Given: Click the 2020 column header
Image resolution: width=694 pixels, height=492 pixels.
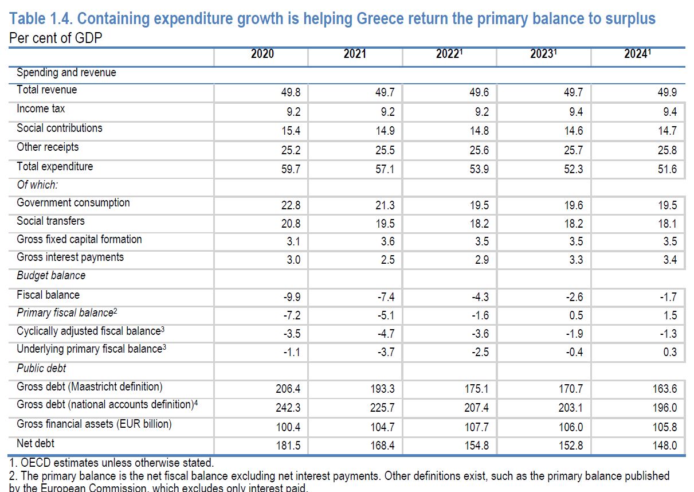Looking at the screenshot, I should pyautogui.click(x=262, y=54).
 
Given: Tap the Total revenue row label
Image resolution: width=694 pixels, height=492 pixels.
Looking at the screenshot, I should pyautogui.click(x=46, y=90).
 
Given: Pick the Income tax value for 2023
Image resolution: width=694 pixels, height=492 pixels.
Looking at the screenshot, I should pyautogui.click(x=573, y=112).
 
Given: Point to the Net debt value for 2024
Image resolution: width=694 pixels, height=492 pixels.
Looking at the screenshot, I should pyautogui.click(x=665, y=445).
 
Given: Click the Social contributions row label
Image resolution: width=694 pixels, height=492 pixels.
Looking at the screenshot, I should pyautogui.click(x=60, y=128).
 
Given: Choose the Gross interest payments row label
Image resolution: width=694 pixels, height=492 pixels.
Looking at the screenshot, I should pyautogui.click(x=70, y=257).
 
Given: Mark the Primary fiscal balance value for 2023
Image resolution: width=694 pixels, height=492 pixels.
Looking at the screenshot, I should pyautogui.click(x=575, y=315).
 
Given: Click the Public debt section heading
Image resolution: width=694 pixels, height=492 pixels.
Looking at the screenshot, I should pyautogui.click(x=41, y=368).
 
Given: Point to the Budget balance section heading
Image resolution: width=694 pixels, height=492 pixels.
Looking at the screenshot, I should pyautogui.click(x=51, y=276).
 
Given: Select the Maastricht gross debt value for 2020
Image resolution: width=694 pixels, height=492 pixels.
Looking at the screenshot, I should pyautogui.click(x=288, y=389).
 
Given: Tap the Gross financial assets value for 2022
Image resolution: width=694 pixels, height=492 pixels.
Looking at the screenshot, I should pyautogui.click(x=476, y=427).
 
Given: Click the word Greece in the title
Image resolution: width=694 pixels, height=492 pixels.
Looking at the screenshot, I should pyautogui.click(x=378, y=19).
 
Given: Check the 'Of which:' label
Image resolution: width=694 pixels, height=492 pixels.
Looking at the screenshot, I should pyautogui.click(x=37, y=185).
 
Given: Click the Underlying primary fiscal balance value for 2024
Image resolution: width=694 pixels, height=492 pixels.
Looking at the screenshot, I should pyautogui.click(x=669, y=352).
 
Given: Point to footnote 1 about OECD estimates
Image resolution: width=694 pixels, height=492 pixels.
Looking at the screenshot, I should pyautogui.click(x=111, y=462).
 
